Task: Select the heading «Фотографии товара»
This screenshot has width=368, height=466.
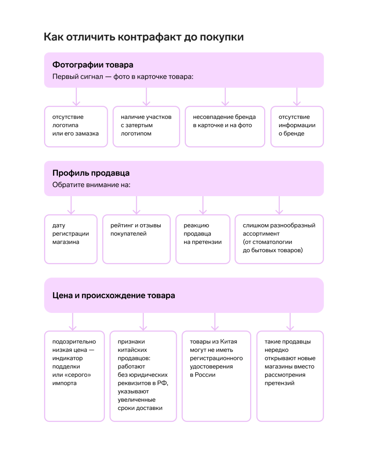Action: pos(93,65)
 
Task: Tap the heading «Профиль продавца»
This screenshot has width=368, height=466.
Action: pos(91,173)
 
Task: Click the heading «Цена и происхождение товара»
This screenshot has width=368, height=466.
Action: pos(114,295)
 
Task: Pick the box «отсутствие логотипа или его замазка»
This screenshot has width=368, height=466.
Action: pos(76,126)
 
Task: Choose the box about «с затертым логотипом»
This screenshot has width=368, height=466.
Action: pos(146,126)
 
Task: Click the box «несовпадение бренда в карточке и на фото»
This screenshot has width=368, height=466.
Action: pos(225,126)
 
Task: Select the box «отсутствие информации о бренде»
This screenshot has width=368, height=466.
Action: pos(297,126)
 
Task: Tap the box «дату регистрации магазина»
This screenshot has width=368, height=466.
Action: pos(71,239)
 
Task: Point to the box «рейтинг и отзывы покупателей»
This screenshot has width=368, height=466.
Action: pos(137,239)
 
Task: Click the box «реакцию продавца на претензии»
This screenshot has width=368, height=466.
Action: pos(203,239)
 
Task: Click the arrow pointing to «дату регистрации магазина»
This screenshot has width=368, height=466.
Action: pos(71,205)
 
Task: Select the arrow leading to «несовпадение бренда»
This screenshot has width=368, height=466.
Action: pos(225,97)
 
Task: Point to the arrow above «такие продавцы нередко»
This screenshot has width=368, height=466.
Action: pos(290,322)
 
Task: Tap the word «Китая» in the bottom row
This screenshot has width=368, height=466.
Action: pos(229,341)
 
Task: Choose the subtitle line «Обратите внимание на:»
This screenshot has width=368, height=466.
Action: pos(91,185)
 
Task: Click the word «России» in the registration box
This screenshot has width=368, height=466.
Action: pos(205,375)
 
